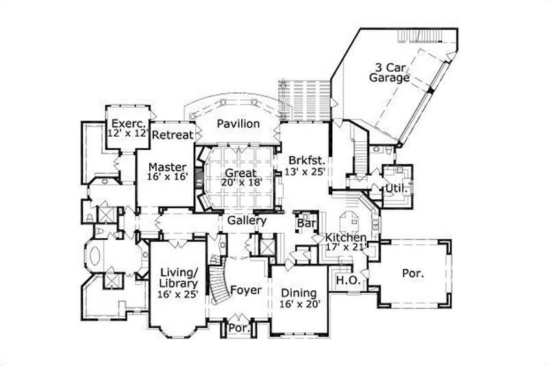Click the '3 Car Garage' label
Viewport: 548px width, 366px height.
pos(391,73)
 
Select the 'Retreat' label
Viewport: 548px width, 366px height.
pos(172,135)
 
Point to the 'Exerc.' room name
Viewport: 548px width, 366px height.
pos(127,123)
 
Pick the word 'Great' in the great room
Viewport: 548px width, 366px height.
pos(238,173)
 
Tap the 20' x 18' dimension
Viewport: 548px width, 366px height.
pos(238,183)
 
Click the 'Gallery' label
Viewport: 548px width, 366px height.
pos(247,222)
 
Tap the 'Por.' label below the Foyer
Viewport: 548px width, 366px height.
pos(238,328)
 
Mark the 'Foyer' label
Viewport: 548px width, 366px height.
pos(245,290)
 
